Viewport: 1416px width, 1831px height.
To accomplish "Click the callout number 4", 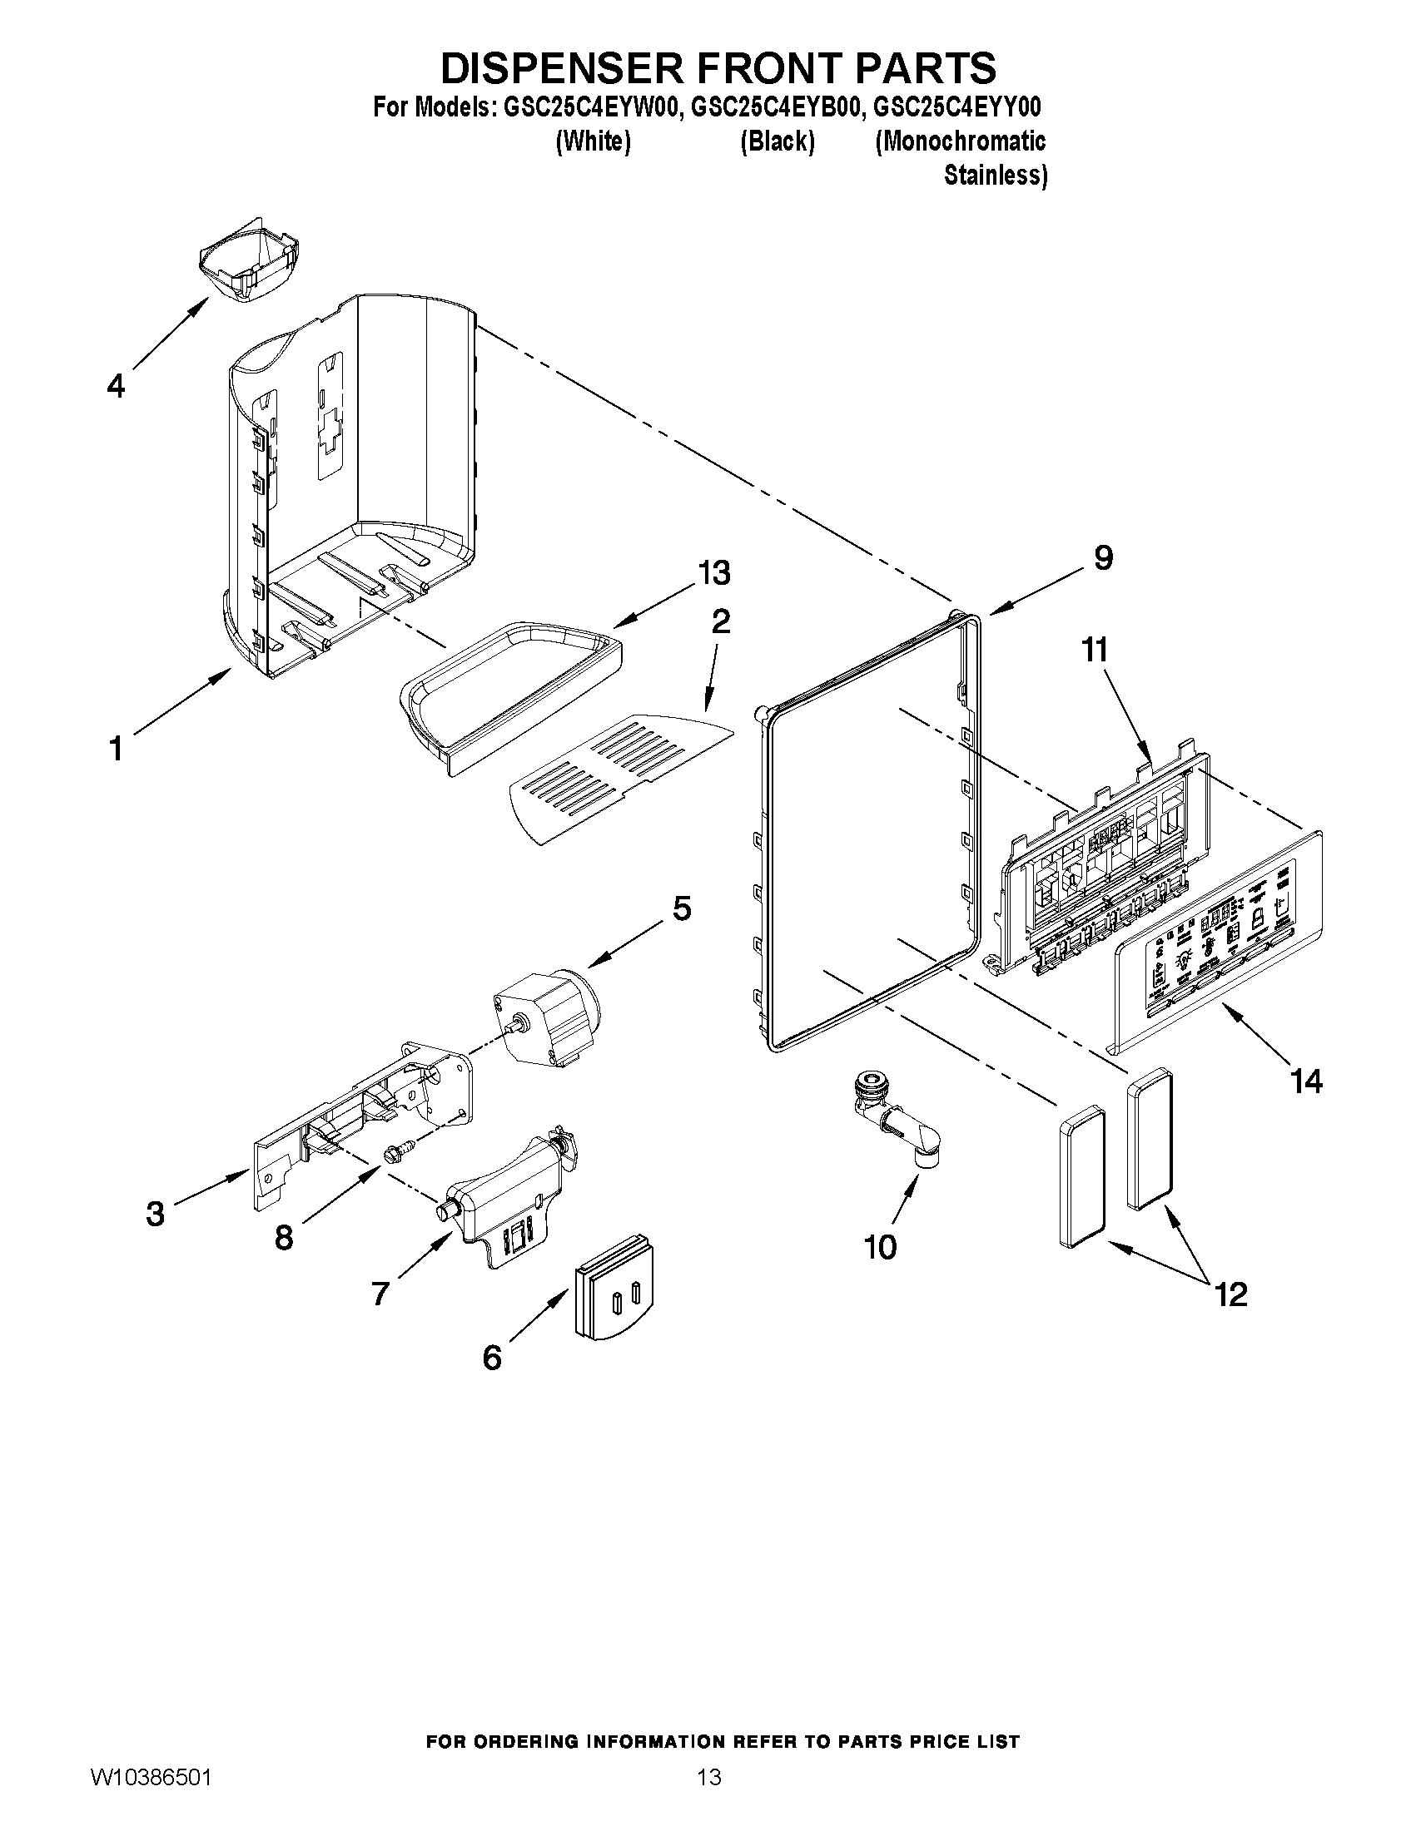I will pos(116,386).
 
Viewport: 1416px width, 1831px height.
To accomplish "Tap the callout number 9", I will pos(1103,557).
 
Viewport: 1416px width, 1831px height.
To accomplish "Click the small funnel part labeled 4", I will pos(248,266).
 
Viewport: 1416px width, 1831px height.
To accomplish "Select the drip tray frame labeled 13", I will pos(512,687).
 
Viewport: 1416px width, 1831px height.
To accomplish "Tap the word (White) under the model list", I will pos(593,141).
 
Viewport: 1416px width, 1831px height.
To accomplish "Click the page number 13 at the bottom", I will pos(709,1775).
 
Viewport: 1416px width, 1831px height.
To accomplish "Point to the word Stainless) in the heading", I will pos(995,176).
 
